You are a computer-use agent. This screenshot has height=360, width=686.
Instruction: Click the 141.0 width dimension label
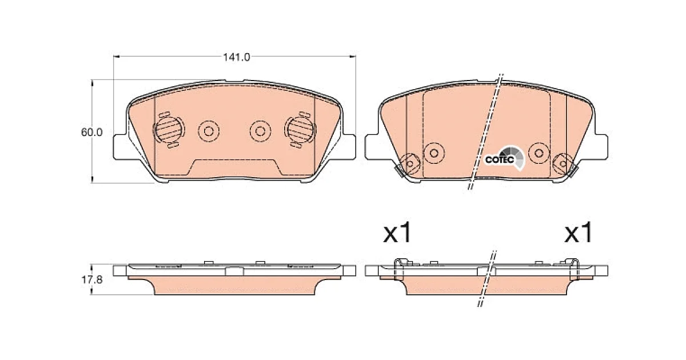coord(236,57)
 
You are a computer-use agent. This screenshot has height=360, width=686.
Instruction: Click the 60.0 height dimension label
coord(91,132)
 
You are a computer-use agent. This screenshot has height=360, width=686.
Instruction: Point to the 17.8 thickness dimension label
coord(91,279)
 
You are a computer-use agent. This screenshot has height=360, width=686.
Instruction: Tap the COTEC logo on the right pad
coord(504,158)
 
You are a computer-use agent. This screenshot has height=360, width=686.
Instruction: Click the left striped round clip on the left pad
coord(169,130)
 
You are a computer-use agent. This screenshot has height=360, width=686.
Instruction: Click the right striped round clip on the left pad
coord(301,130)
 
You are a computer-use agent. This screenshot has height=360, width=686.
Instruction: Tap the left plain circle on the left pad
coord(209,131)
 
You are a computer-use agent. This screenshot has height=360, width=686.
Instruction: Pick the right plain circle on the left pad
coord(260,131)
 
